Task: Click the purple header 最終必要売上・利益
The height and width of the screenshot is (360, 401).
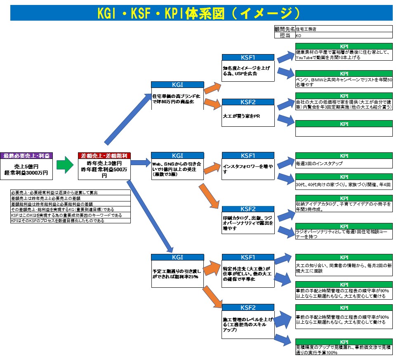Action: point(26,156)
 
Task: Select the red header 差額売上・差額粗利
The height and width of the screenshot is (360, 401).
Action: point(104,156)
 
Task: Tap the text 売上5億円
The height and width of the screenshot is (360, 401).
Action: point(26,166)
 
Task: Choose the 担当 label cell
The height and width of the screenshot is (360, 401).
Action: point(284,36)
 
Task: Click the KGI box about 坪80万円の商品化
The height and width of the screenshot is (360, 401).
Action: point(177,98)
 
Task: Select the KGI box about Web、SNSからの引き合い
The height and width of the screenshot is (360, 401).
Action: point(177,169)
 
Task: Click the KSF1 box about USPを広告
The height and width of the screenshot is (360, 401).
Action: point(248,70)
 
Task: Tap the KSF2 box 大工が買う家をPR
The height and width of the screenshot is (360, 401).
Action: point(248,116)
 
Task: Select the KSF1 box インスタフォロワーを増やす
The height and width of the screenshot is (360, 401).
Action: point(248,168)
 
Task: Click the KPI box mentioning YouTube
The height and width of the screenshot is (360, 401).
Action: point(344,55)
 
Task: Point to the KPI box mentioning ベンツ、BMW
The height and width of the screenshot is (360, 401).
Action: point(344,82)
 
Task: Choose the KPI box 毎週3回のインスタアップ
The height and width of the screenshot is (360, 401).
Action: point(344,163)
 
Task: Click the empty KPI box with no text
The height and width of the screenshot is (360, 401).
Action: point(344,131)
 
